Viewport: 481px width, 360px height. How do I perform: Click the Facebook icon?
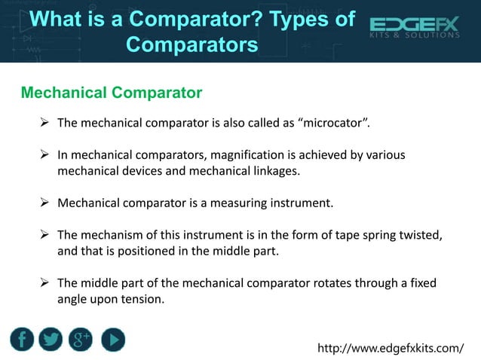[23, 339]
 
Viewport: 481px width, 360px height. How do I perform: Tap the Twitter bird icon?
[51, 339]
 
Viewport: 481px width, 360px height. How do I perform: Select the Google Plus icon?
[81, 339]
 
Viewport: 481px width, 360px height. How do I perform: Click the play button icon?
[112, 339]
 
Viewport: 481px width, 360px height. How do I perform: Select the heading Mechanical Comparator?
[112, 93]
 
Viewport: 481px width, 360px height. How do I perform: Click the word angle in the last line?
[74, 299]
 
